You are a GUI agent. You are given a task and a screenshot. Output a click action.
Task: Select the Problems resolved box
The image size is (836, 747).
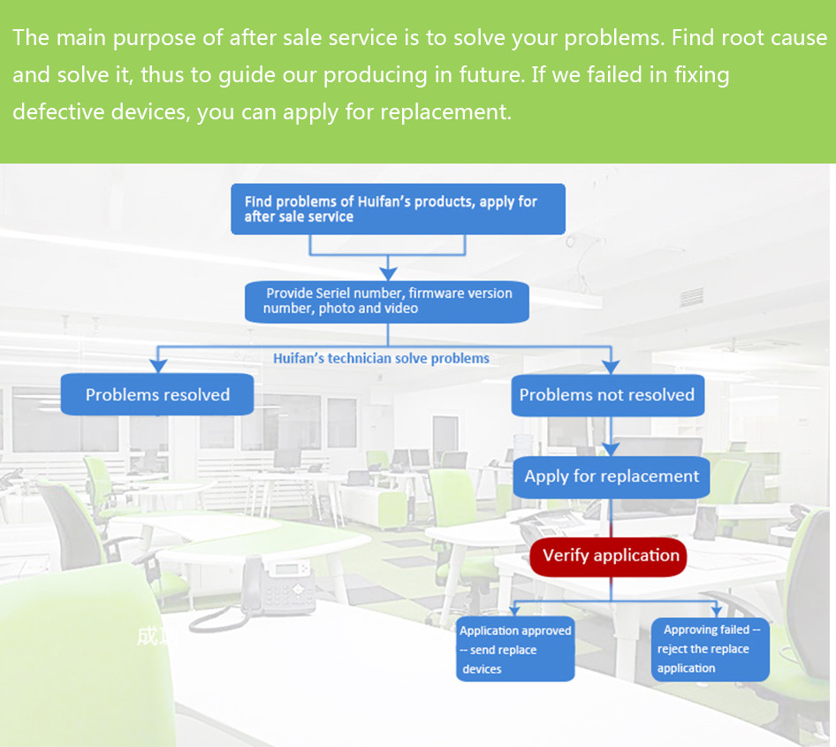pos(157,395)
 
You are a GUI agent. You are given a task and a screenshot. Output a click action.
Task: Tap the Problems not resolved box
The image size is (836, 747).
pos(607,395)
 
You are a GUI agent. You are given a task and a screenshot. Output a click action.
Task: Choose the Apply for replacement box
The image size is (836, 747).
pos(612,476)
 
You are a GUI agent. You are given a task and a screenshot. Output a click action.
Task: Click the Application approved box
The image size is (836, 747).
pos(516,650)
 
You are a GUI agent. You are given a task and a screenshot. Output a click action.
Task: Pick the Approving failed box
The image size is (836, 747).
pos(711,649)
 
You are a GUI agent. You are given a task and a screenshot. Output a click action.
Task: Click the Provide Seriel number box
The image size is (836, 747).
pos(387,301)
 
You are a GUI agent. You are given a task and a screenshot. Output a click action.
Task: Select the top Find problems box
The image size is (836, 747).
pos(398,210)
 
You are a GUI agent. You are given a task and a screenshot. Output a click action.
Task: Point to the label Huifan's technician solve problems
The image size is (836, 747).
pos(381,358)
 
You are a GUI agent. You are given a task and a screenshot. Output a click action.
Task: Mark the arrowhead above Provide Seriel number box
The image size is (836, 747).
pos(388,274)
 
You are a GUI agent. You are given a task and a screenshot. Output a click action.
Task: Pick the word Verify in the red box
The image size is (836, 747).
pos(566,556)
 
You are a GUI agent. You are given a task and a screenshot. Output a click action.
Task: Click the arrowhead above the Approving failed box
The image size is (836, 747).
pos(717,611)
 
